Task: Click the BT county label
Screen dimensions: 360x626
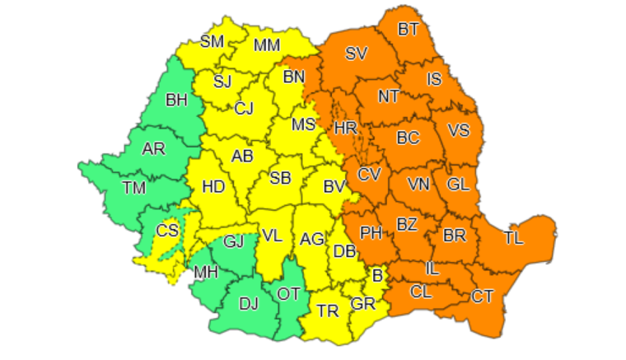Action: point(409,30)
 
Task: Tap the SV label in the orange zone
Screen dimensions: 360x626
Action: point(357,54)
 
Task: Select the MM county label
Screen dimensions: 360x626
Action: point(266,46)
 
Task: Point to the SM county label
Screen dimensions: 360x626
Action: point(213,40)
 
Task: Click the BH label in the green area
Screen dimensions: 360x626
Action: point(176,101)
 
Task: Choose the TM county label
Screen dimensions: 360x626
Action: point(133,188)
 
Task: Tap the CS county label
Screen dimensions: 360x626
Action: point(167,231)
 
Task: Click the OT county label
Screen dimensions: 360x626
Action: point(288,293)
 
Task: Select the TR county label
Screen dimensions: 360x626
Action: point(328,311)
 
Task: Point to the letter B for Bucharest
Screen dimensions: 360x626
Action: point(378,276)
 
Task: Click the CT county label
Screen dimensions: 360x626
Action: point(483,296)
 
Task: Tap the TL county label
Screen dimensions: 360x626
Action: point(514,239)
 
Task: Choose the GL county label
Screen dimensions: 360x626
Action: point(458,185)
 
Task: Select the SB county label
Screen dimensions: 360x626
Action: point(280,179)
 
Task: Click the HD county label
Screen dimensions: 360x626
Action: point(213,187)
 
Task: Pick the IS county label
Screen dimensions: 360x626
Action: point(434,80)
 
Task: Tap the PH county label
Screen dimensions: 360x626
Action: point(371,233)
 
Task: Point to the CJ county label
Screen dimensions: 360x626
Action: point(244,109)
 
